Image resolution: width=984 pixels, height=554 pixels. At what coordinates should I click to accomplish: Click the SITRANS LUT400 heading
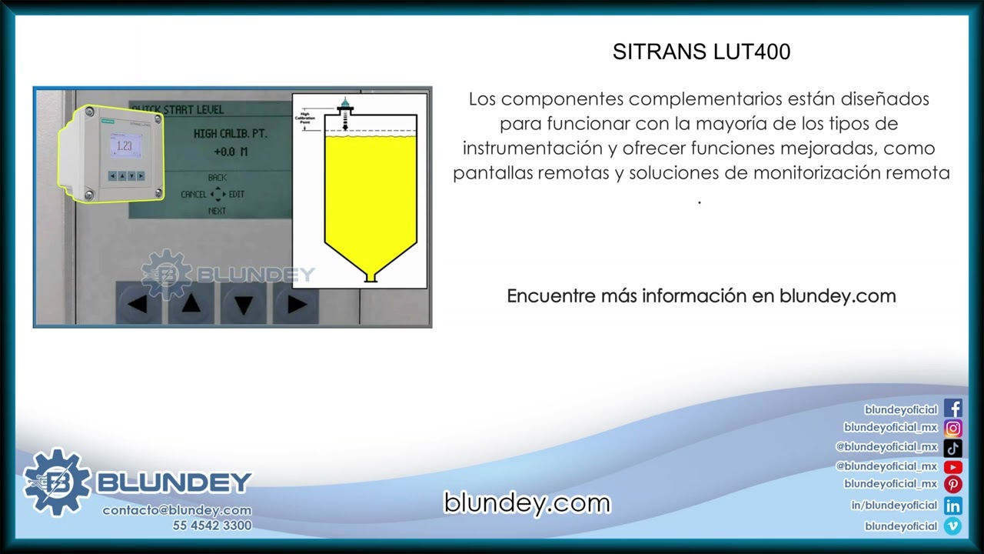[701, 52]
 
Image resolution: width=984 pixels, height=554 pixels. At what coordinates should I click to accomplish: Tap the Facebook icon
[952, 409]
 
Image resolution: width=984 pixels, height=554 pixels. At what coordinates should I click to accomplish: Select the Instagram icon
[952, 428]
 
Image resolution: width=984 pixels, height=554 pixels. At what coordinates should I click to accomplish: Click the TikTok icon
[952, 447]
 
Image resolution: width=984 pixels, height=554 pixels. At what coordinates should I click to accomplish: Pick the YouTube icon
[952, 466]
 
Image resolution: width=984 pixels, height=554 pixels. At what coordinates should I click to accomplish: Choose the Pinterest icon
[952, 485]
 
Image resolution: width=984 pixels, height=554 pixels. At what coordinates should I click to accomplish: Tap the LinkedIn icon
[952, 506]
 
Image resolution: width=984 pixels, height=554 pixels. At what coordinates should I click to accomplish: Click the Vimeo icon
[952, 526]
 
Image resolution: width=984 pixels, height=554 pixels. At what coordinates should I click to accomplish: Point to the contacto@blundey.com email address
[177, 510]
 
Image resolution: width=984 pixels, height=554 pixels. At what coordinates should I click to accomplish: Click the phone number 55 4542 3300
[211, 526]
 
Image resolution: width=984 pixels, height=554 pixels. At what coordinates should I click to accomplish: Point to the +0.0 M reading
[231, 152]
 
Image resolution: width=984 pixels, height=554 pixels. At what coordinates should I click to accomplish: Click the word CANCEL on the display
[194, 195]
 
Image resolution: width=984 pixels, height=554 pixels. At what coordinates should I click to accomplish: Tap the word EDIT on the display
[237, 195]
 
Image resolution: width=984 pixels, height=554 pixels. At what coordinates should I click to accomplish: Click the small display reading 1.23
[125, 146]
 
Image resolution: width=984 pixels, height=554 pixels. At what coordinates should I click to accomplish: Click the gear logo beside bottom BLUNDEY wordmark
[56, 482]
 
